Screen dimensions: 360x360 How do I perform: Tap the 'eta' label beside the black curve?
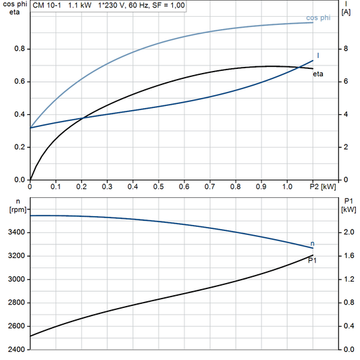(x=317, y=74)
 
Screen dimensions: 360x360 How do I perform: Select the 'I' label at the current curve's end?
(x=317, y=55)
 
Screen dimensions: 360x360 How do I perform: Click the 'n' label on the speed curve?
(x=312, y=243)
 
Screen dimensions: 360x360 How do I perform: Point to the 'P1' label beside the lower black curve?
(x=313, y=260)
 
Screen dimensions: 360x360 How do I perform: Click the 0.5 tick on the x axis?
(x=158, y=186)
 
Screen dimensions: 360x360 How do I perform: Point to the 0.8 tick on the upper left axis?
(x=20, y=49)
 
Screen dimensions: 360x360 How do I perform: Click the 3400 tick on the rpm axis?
(x=17, y=232)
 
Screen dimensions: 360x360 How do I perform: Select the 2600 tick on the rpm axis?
(x=17, y=326)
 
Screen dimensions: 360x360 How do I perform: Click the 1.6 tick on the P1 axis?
(x=347, y=256)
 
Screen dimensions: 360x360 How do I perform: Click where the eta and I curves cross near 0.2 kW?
(x=82, y=119)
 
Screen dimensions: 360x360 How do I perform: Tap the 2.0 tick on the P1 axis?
(x=347, y=232)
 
